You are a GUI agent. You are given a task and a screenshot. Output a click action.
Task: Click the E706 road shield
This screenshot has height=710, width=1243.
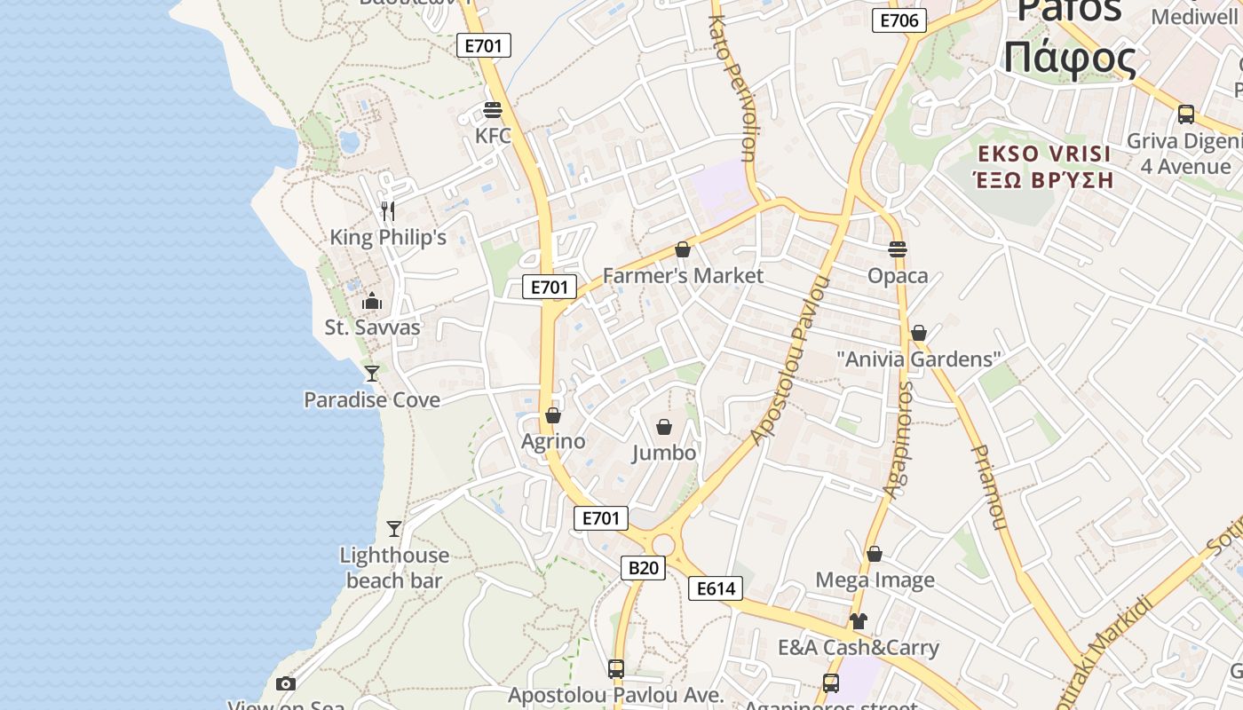click(899, 20)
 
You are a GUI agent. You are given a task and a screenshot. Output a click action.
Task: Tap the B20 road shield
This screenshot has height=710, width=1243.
click(642, 568)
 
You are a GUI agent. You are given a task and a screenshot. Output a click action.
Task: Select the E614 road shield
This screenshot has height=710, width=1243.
click(715, 588)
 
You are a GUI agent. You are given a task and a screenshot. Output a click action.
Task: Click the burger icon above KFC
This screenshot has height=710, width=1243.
click(493, 110)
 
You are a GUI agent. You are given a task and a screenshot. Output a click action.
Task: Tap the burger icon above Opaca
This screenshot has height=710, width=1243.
click(898, 249)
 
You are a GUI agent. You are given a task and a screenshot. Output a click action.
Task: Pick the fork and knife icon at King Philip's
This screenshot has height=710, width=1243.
click(387, 211)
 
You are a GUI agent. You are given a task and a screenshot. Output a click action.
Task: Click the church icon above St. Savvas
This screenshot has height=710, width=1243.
click(372, 302)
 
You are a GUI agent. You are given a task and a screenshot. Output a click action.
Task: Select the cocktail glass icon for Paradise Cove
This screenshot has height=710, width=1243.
click(372, 374)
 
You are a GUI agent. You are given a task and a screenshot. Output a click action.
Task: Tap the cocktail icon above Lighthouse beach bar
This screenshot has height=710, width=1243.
click(394, 529)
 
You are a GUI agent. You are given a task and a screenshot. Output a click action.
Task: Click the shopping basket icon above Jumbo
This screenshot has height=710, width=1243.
click(663, 428)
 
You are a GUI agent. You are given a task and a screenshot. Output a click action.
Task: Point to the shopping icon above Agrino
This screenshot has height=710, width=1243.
click(553, 415)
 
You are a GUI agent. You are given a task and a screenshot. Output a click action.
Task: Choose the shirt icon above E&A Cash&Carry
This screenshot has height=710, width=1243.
click(858, 621)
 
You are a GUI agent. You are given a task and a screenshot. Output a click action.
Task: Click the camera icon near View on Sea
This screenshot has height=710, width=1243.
click(285, 683)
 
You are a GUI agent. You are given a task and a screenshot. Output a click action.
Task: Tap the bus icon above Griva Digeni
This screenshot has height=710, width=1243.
click(1185, 114)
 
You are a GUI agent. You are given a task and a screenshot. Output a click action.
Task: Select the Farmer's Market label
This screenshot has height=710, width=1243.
click(683, 276)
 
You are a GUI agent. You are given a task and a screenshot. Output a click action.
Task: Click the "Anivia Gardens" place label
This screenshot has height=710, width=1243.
click(919, 359)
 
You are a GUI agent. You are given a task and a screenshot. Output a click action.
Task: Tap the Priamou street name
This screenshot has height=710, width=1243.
click(988, 487)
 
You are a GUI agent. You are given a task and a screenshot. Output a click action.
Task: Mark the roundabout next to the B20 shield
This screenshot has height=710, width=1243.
click(663, 544)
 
